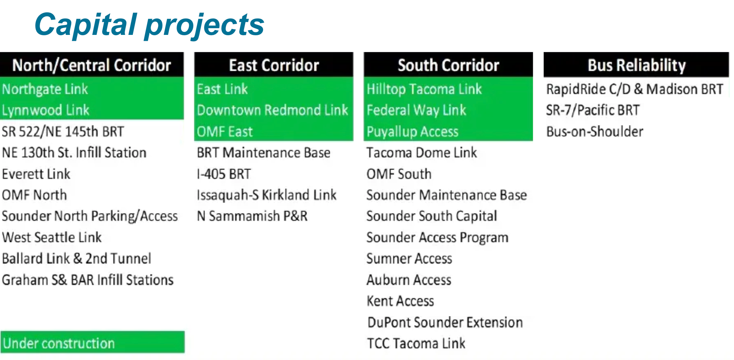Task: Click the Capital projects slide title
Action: click(x=149, y=24)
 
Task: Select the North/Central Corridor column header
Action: click(x=92, y=65)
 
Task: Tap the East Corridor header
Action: click(x=274, y=65)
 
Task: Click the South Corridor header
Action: click(x=448, y=65)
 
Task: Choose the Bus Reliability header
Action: click(x=636, y=65)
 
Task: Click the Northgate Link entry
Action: click(x=45, y=89)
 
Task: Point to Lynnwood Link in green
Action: click(x=46, y=110)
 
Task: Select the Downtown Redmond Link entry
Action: click(x=272, y=110)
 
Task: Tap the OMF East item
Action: click(x=225, y=132)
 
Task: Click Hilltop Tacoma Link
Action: click(x=424, y=89)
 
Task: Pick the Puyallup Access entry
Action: click(x=412, y=132)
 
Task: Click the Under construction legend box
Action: click(x=92, y=342)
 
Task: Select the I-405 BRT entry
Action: click(x=224, y=174)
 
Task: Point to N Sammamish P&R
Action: click(x=252, y=216)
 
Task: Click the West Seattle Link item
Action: click(x=52, y=238)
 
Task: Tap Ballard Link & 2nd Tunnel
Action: click(x=76, y=259)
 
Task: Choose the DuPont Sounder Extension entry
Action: click(x=445, y=323)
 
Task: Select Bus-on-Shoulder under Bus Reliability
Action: click(x=594, y=132)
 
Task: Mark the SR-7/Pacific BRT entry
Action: click(x=593, y=110)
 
